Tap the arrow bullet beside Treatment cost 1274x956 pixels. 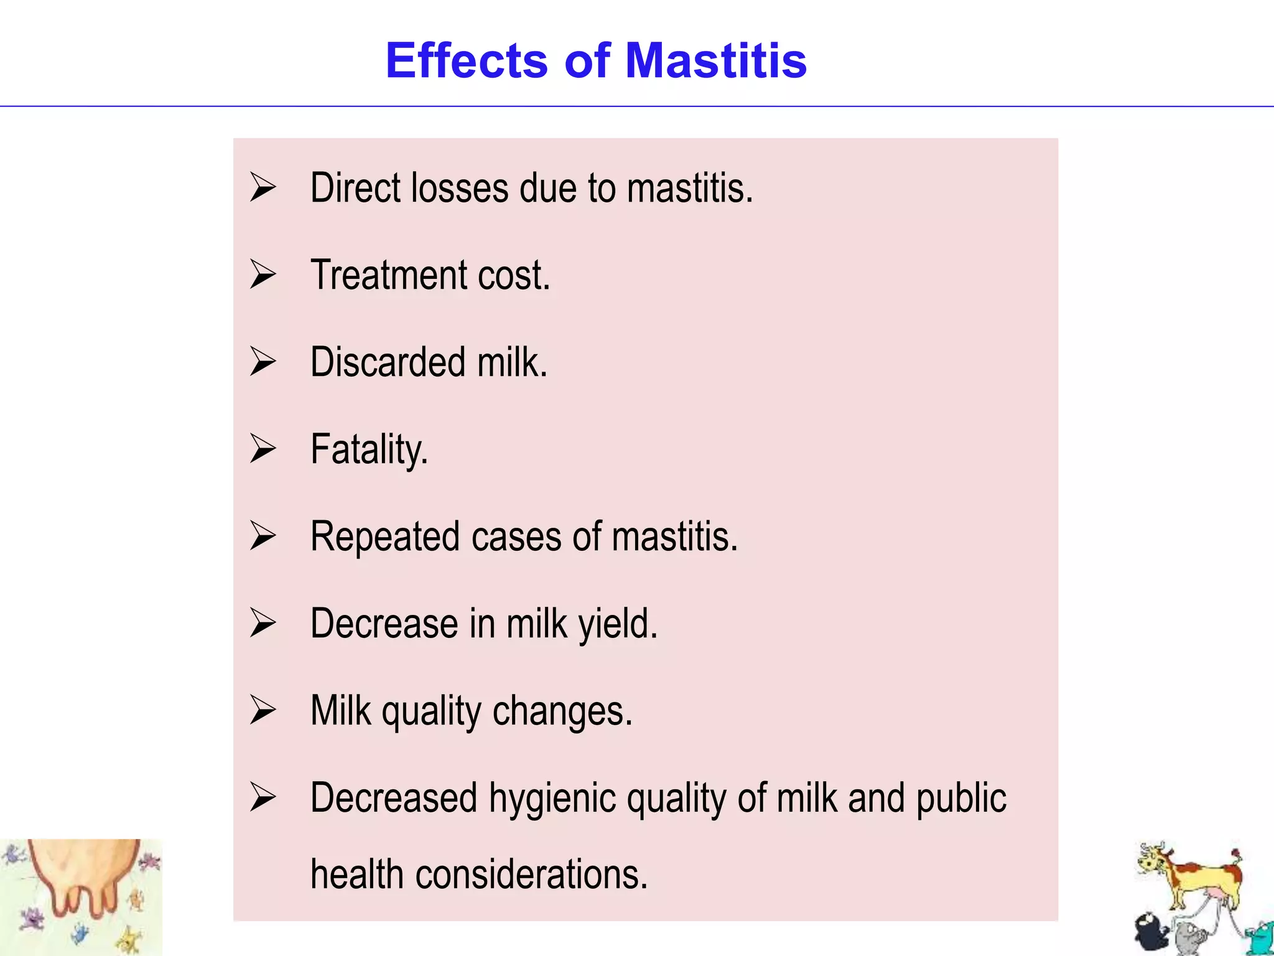pyautogui.click(x=263, y=274)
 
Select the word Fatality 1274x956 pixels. pyautogui.click(x=369, y=449)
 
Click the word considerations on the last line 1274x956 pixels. pyautogui.click(x=532, y=874)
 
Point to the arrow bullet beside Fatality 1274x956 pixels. pyautogui.click(x=263, y=449)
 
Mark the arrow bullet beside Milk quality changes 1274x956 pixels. pyautogui.click(x=263, y=710)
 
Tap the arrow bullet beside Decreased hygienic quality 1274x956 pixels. pyautogui.click(x=263, y=797)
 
